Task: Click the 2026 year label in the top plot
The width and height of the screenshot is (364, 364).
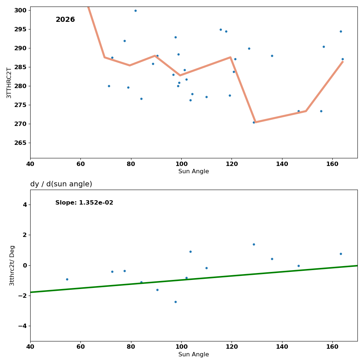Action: [x=65, y=20]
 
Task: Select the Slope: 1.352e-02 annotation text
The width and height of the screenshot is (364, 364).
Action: [x=84, y=203]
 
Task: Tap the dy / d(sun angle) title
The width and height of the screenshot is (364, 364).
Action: [x=61, y=184]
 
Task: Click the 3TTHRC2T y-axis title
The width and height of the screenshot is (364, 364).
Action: [x=9, y=83]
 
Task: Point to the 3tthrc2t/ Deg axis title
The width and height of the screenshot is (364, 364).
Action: [x=12, y=265]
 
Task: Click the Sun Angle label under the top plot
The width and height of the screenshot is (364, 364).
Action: [x=194, y=171]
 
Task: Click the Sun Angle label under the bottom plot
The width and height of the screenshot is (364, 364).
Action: [x=194, y=355]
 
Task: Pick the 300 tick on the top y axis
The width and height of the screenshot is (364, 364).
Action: [x=20, y=10]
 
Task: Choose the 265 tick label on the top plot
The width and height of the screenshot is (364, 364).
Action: [x=20, y=143]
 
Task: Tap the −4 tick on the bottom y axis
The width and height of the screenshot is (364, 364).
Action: [x=22, y=326]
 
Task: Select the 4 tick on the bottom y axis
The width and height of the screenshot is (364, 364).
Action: [x=25, y=205]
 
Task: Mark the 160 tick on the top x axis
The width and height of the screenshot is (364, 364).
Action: [x=332, y=164]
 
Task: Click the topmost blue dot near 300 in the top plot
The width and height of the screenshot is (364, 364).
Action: [x=135, y=11]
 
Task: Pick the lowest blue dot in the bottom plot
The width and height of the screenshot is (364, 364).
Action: [x=175, y=302]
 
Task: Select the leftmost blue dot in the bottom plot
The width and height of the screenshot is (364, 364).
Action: [x=67, y=279]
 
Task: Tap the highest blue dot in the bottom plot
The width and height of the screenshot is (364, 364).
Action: [x=254, y=244]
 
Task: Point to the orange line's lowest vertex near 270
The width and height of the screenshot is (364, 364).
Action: [x=255, y=122]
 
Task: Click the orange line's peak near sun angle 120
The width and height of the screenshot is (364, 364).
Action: [x=230, y=57]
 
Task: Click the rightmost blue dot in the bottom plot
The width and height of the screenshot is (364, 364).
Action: [x=341, y=254]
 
